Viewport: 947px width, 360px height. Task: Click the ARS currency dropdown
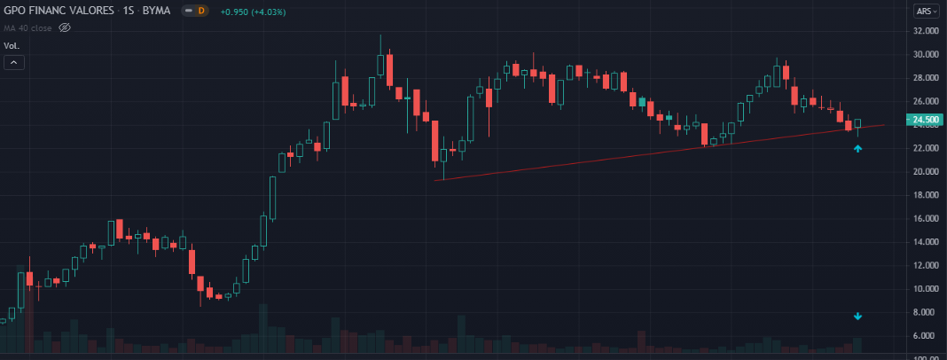[927, 12]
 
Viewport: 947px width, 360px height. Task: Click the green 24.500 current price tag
[927, 120]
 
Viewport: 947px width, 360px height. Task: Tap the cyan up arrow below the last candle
[857, 149]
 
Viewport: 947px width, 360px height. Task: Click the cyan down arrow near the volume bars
[857, 317]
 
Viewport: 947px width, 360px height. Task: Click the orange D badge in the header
[200, 11]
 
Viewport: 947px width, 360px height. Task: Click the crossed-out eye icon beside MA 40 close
[64, 28]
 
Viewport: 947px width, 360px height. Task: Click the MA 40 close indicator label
[29, 28]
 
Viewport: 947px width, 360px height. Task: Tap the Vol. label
[12, 44]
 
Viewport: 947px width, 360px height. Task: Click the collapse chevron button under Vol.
[14, 62]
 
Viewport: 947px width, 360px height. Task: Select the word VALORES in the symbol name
[85, 11]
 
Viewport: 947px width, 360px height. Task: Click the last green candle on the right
[857, 123]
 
